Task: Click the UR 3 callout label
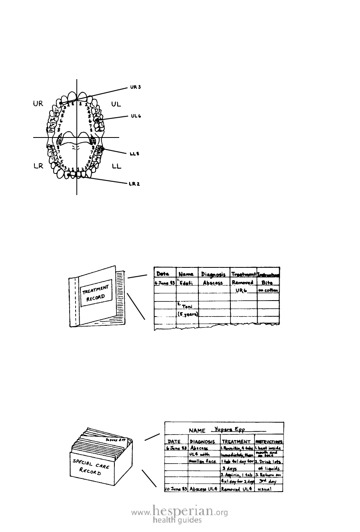click(136, 86)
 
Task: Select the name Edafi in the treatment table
click(186, 283)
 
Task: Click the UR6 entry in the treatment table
click(242, 291)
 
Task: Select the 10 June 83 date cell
click(176, 489)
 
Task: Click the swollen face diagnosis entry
click(203, 461)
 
